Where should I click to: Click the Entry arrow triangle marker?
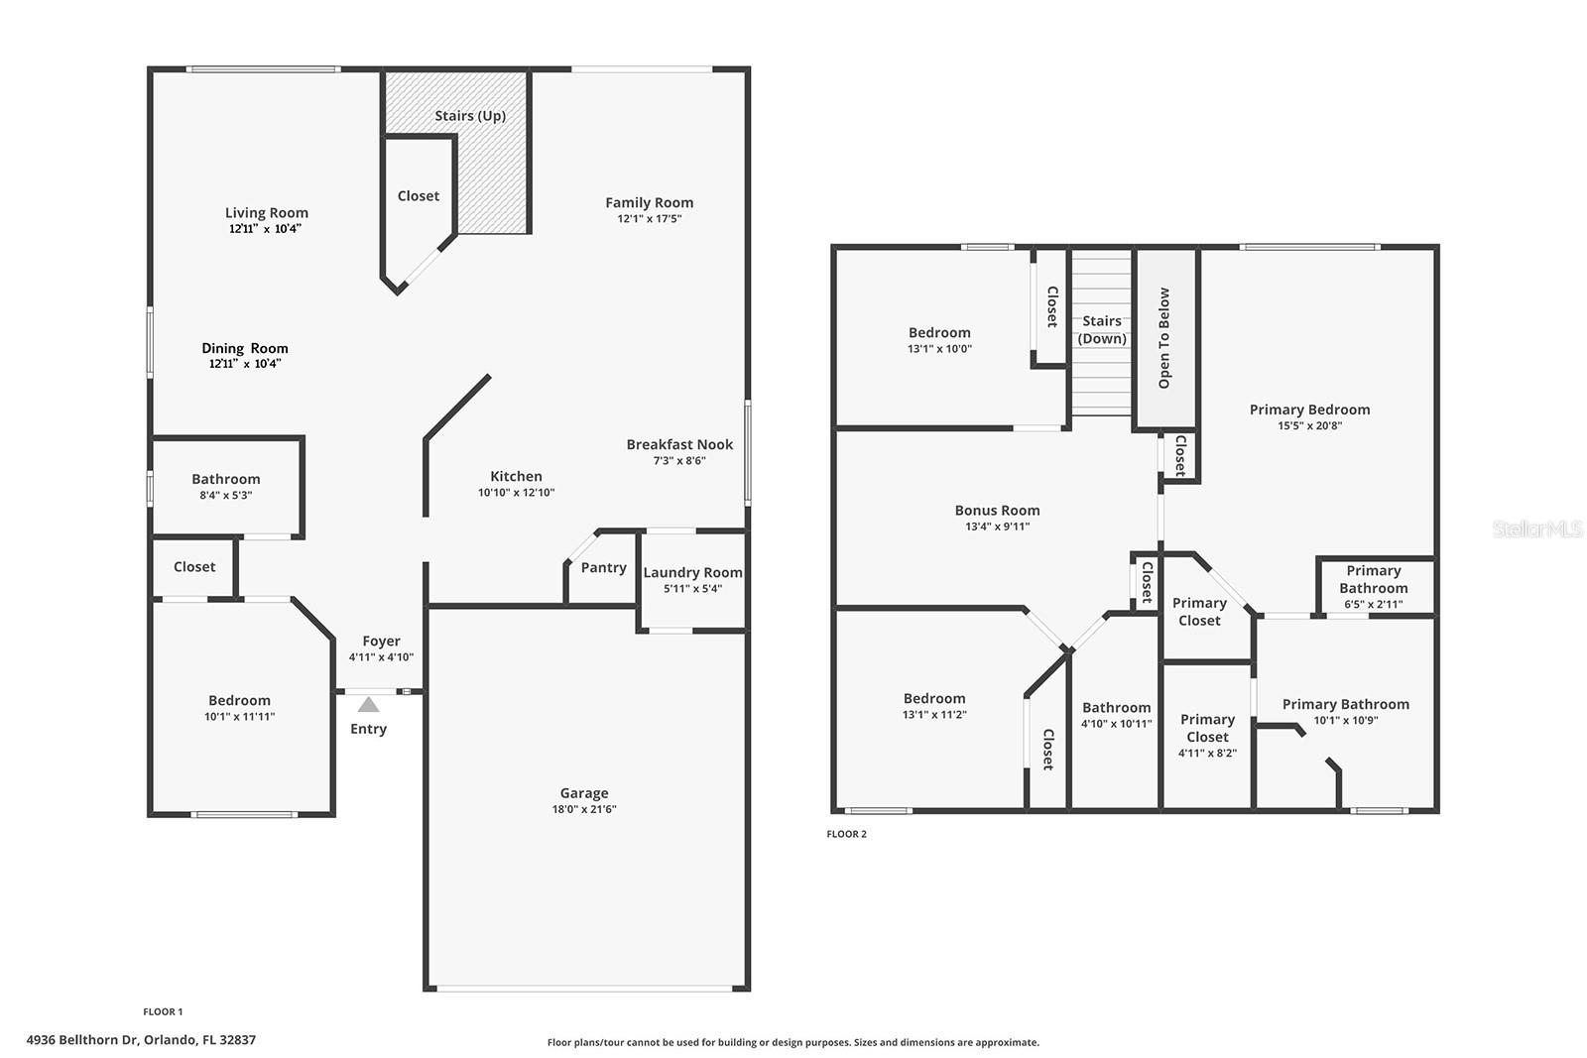[368, 705]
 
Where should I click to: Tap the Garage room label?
[584, 793]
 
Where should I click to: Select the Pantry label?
[603, 568]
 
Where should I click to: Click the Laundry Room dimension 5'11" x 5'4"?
[692, 589]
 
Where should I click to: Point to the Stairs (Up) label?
[470, 116]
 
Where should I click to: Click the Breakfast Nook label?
[679, 444]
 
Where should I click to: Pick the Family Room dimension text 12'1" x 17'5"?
[650, 219]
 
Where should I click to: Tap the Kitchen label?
[516, 476]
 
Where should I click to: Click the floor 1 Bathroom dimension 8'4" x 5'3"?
[226, 495]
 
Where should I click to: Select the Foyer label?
[381, 642]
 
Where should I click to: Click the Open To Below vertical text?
[1164, 338]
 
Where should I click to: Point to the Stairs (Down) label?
[1102, 330]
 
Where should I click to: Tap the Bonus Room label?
[997, 511]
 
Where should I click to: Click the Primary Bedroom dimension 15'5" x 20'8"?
[1309, 426]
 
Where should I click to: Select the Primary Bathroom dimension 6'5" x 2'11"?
[1373, 604]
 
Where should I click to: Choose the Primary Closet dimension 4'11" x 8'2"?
[1207, 754]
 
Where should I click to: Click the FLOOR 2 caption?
[846, 834]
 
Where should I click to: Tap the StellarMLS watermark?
[1536, 529]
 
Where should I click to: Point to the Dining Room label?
[245, 348]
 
